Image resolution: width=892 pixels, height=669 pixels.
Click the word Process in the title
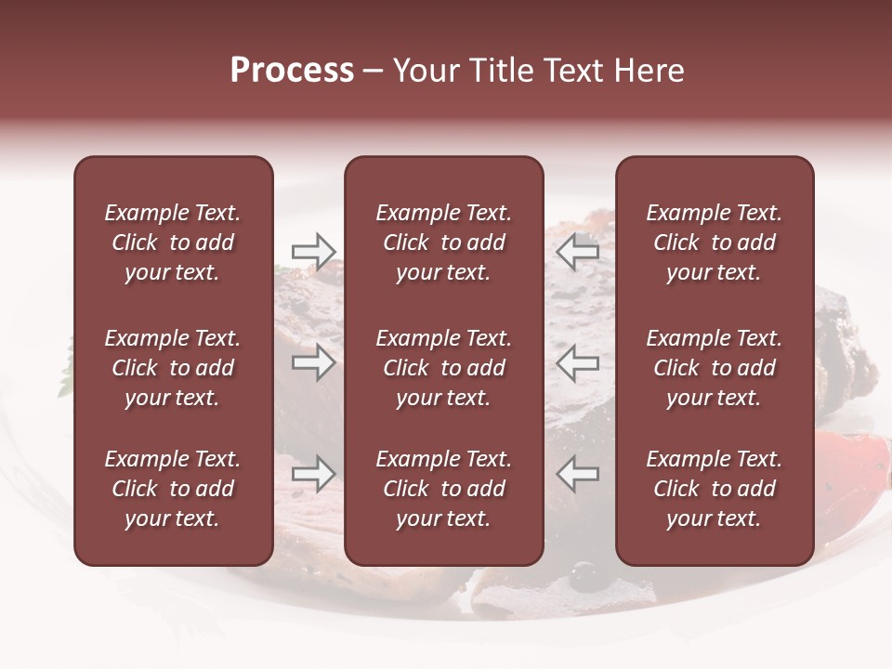coord(292,71)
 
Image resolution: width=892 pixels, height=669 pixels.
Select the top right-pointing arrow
coord(313,251)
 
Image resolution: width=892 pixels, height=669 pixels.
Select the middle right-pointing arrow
coord(313,362)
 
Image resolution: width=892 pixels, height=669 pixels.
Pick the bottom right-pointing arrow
coord(313,474)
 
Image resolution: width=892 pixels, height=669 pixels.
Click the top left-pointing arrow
coord(578,251)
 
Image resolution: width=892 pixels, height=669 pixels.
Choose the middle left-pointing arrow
coord(578,362)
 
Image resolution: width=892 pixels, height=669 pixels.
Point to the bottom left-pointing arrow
coord(578,474)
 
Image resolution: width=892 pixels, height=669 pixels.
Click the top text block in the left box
coord(173,243)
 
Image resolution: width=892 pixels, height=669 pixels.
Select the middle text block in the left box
coord(173,368)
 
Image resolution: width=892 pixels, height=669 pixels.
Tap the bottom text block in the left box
coord(173,489)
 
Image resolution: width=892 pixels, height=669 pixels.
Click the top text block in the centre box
coord(443,243)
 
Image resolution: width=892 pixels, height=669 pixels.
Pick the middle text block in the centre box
coord(443,368)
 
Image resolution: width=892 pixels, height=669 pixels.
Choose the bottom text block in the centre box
coord(443,489)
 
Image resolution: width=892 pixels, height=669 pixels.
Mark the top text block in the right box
coord(714,243)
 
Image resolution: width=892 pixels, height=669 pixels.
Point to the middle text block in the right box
coord(714,368)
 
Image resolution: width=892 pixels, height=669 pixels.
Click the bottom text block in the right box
coord(714,489)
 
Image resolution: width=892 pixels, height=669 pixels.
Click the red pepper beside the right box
coord(850,465)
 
